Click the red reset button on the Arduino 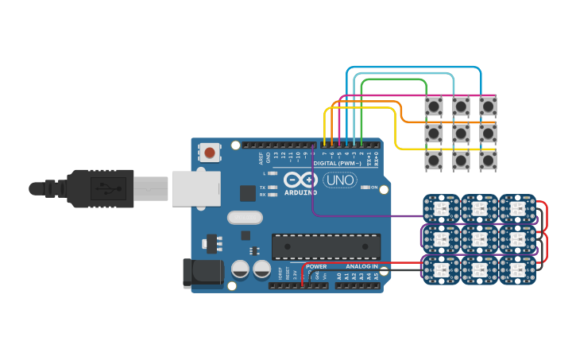[x=210, y=152]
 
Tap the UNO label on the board [x=340, y=180]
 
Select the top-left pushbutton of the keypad [x=434, y=106]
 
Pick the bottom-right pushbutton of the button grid [x=488, y=160]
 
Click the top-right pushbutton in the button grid [x=488, y=106]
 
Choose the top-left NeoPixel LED [x=440, y=208]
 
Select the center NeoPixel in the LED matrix [x=478, y=238]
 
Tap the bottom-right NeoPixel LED [x=516, y=269]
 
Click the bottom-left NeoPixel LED [x=440, y=269]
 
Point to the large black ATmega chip [x=326, y=246]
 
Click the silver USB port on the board [x=195, y=189]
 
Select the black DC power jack [x=203, y=273]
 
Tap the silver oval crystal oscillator [x=245, y=217]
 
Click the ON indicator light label [x=374, y=188]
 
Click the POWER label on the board [x=316, y=266]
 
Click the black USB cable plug [x=99, y=188]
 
